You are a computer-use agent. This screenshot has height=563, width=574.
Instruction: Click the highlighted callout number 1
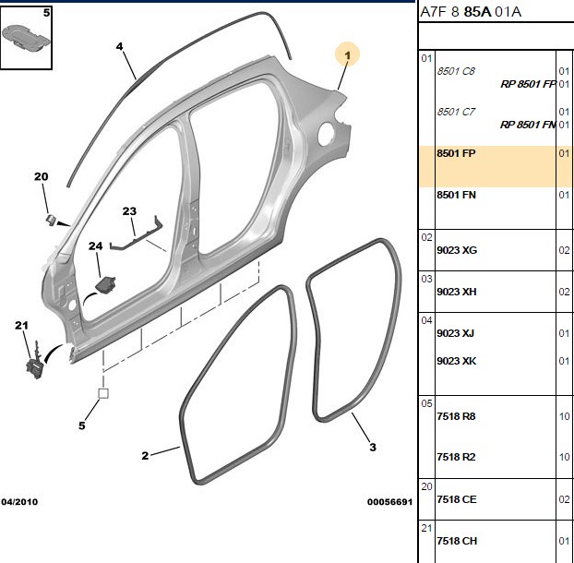pyautogui.click(x=347, y=55)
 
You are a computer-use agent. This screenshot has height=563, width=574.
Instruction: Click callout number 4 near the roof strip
pyautogui.click(x=120, y=47)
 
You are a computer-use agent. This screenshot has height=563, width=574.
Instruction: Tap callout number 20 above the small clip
pyautogui.click(x=41, y=176)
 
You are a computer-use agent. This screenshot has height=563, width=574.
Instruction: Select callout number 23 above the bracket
pyautogui.click(x=129, y=211)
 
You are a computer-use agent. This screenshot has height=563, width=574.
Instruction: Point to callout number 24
pyautogui.click(x=96, y=246)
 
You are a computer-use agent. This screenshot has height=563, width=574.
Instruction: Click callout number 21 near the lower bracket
pyautogui.click(x=21, y=325)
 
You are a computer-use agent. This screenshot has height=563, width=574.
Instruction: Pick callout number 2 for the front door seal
pyautogui.click(x=145, y=456)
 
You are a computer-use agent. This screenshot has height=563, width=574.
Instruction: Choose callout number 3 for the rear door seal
pyautogui.click(x=373, y=447)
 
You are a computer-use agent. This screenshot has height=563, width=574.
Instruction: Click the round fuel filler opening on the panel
pyautogui.click(x=326, y=135)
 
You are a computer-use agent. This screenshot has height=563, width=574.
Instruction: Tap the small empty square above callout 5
pyautogui.click(x=103, y=393)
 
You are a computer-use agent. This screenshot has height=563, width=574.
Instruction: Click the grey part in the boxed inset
pyautogui.click(x=25, y=36)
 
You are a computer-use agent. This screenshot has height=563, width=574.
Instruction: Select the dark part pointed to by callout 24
pyautogui.click(x=105, y=284)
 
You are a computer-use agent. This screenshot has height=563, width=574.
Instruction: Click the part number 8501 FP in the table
pyautogui.click(x=456, y=153)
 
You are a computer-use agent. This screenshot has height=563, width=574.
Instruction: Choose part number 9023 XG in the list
pyautogui.click(x=457, y=250)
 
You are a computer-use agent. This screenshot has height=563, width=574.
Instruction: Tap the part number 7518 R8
pyautogui.click(x=456, y=416)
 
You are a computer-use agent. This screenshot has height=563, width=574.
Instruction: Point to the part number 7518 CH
pyautogui.click(x=457, y=541)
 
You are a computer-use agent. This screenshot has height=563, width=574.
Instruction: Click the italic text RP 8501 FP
pyautogui.click(x=528, y=84)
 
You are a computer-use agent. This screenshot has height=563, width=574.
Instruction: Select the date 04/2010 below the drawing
pyautogui.click(x=19, y=501)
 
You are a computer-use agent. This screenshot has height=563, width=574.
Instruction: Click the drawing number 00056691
pyautogui.click(x=389, y=502)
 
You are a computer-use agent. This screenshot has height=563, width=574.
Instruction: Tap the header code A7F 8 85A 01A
pyautogui.click(x=471, y=12)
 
